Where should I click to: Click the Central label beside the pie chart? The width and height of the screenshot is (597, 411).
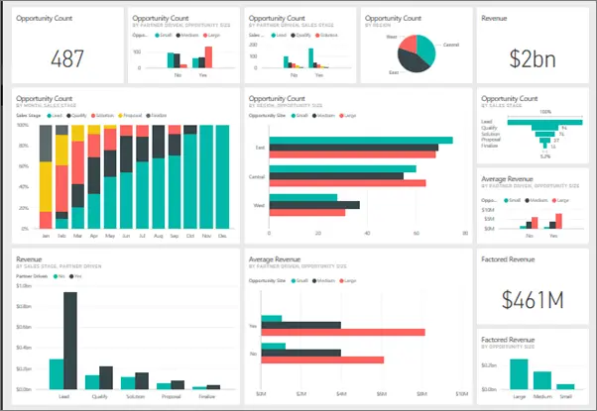[x=450, y=45]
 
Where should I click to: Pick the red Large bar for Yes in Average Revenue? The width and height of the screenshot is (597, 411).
[x=342, y=333]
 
